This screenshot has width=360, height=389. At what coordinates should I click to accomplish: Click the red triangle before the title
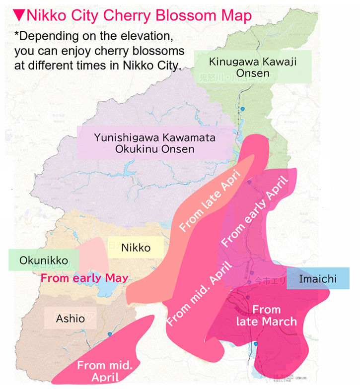[x=19, y=16]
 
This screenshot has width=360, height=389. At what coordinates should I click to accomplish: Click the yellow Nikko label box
[x=135, y=247]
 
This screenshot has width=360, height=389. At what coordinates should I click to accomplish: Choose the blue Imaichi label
[x=318, y=279]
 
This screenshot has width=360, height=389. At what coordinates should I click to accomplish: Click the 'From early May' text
[x=84, y=278]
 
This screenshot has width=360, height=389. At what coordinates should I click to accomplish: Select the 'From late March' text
[x=266, y=316]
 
